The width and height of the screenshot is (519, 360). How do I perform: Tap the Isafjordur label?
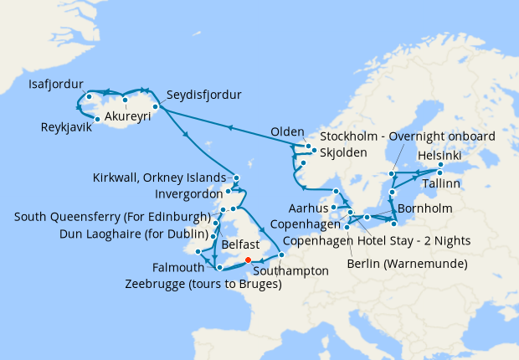coord(56,84)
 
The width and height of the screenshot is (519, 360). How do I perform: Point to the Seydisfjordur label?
coord(203,95)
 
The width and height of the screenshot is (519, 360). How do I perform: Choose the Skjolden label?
coord(347,152)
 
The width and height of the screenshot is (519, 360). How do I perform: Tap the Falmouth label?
coord(178,268)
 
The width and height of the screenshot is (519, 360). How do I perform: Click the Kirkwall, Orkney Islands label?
coord(162,177)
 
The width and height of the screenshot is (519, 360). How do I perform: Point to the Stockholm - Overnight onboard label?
coord(408,136)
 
